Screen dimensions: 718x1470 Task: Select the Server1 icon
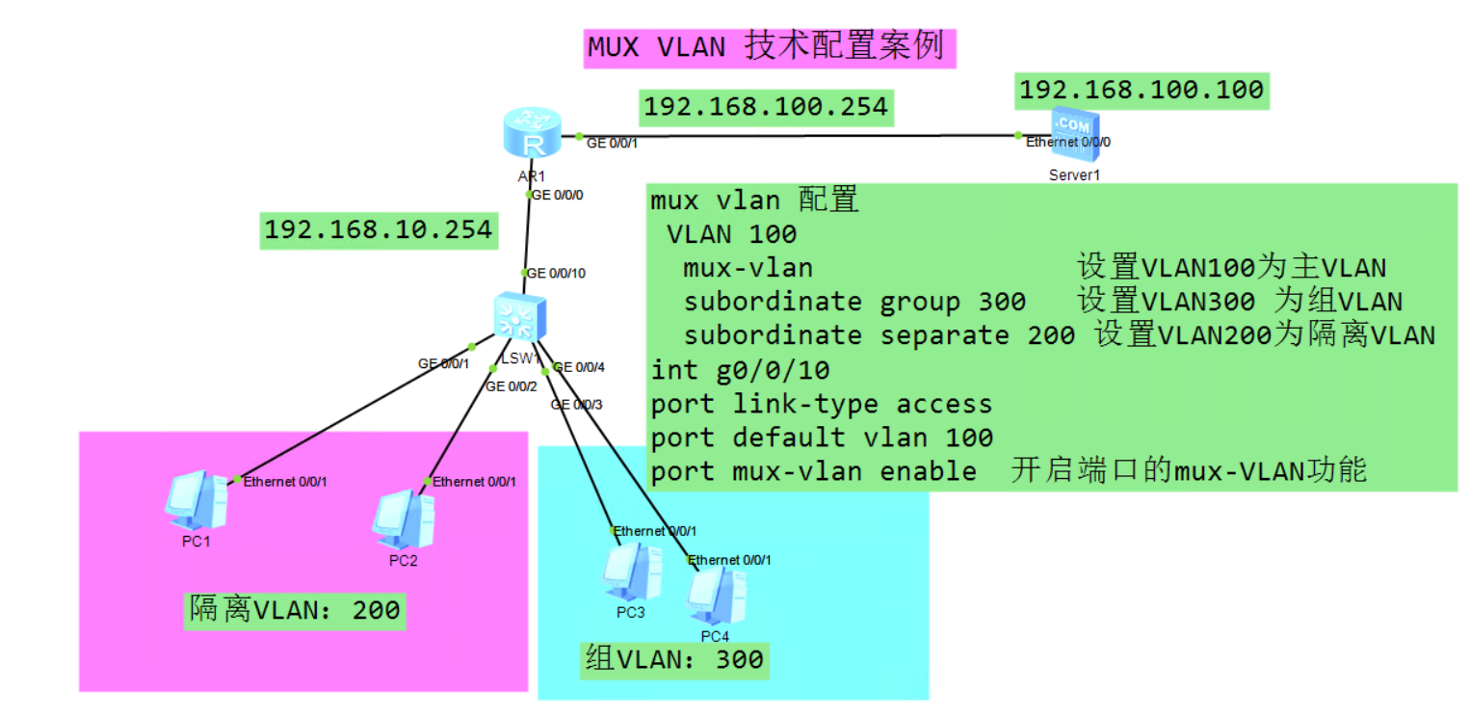pyautogui.click(x=1072, y=132)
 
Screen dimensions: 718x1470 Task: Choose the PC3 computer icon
pyautogui.click(x=631, y=572)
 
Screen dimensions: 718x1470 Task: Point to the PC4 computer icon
pyautogui.click(x=715, y=597)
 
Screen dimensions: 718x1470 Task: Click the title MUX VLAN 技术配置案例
pyautogui.click(x=769, y=46)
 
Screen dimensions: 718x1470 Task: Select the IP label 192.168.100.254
pyautogui.click(x=766, y=106)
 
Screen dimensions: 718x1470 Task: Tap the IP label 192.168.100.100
pyautogui.click(x=1142, y=90)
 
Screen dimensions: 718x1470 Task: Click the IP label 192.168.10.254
pyautogui.click(x=378, y=229)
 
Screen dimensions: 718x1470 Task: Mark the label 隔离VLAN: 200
pyautogui.click(x=294, y=610)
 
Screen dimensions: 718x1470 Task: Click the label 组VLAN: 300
pyautogui.click(x=674, y=659)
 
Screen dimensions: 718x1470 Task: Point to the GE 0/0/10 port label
pyautogui.click(x=556, y=274)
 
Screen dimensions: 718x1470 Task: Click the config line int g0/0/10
pyautogui.click(x=740, y=370)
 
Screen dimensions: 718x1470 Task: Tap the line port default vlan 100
pyautogui.click(x=822, y=438)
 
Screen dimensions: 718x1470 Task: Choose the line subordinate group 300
pyautogui.click(x=853, y=302)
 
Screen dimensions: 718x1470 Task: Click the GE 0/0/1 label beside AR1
pyautogui.click(x=613, y=143)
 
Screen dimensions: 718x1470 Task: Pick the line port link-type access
pyautogui.click(x=821, y=404)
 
